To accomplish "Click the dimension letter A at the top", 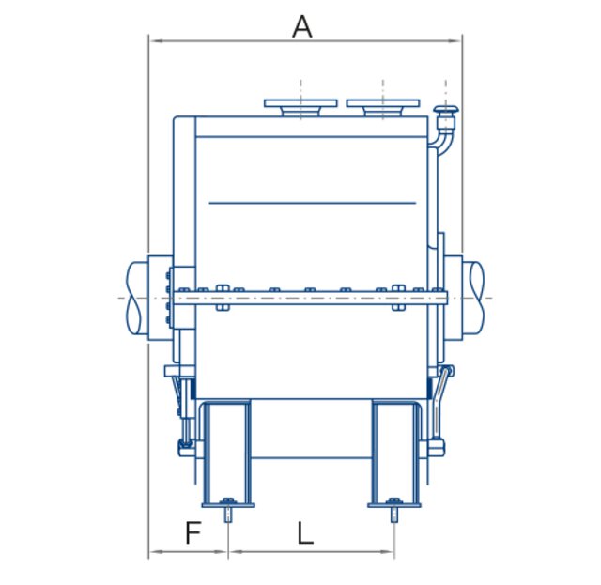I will [301, 26].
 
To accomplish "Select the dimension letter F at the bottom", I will [193, 533].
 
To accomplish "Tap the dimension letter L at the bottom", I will [305, 533].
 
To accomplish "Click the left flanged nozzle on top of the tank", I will [300, 107].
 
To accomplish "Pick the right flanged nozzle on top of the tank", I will [382, 107].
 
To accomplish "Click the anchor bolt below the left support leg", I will [227, 514].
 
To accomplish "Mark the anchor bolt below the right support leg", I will [394, 514].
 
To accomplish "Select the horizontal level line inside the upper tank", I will [312, 202].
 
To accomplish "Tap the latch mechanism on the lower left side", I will [183, 413].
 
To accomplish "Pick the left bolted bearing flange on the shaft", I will [168, 298].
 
